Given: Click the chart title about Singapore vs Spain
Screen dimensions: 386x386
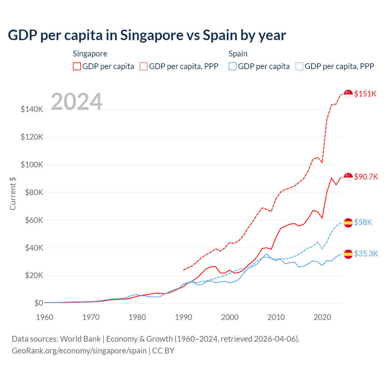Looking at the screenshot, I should pos(147,35).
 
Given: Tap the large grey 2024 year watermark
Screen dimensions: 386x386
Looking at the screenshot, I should pos(77,102).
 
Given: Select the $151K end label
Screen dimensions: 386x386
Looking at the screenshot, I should pos(365,94).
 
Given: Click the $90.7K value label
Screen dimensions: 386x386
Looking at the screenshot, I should pos(366,177).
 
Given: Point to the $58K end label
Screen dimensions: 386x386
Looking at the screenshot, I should pos(363,222).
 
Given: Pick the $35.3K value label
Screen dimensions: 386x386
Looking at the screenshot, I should pos(366,254).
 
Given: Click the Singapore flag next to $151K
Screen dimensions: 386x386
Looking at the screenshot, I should pos(348,94).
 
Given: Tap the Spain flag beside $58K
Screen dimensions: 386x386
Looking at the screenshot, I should pos(348,223).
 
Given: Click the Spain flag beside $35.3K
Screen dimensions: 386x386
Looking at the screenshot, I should pos(348,254).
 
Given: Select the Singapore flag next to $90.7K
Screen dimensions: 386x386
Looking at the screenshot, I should pos(348,177).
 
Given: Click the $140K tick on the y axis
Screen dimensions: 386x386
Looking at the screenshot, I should pos(32,109).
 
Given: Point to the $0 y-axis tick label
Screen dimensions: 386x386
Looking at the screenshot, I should pos(39,303).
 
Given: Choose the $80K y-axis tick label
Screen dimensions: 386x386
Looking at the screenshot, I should pos(32,192).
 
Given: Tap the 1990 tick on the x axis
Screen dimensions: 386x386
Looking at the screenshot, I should pos(183,317).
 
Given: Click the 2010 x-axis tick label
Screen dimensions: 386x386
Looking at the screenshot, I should pos(276,317).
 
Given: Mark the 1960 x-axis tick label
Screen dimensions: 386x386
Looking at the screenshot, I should pos(45,317).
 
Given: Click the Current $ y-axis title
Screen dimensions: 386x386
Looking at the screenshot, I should pos(13,194).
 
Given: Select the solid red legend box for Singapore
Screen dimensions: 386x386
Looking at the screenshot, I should pos(77,66).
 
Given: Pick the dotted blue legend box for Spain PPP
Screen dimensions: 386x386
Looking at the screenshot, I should pos(299,66).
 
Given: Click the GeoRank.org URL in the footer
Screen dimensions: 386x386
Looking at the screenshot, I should pos(79,351).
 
